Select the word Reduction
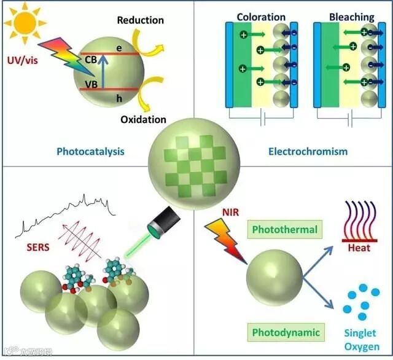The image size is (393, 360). coord(140,20)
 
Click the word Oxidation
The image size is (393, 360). coord(143,119)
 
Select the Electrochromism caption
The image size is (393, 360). coord(308,151)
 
